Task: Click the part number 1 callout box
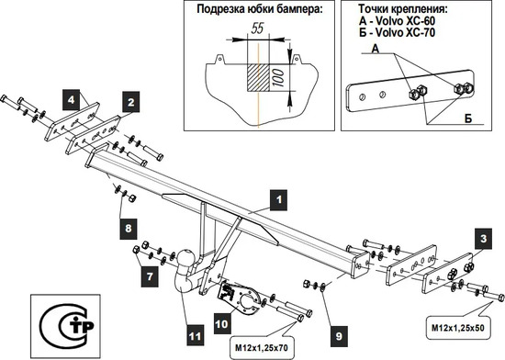[x=278, y=200]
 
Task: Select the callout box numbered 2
[x=130, y=102]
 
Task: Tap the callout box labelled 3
[x=483, y=239]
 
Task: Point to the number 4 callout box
[x=72, y=99]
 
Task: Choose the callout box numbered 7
[x=150, y=276]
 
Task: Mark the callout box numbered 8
[x=129, y=229]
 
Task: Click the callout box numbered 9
[x=339, y=336]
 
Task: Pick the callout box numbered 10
[x=221, y=324]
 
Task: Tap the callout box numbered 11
[x=196, y=336]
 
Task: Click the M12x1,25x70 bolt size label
[x=262, y=348]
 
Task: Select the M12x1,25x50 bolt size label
[x=457, y=328]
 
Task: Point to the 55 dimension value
[x=257, y=28]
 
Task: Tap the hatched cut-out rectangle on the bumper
[x=258, y=77]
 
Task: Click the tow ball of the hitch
[x=185, y=258]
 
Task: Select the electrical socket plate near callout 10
[x=241, y=297]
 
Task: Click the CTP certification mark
[x=67, y=325]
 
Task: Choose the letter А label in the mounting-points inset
[x=376, y=49]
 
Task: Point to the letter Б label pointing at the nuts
[x=468, y=118]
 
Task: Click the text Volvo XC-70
[x=406, y=32]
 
